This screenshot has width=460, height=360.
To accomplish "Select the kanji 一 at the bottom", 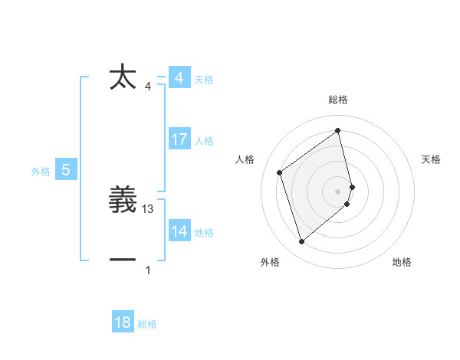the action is click(x=123, y=260).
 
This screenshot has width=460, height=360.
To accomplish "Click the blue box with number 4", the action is click(x=179, y=78).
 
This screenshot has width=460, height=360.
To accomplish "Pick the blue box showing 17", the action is click(x=179, y=139).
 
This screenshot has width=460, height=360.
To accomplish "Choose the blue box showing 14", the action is click(x=179, y=231).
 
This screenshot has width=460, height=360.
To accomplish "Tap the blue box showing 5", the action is click(x=66, y=170).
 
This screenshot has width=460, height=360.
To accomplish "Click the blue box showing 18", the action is click(x=123, y=322).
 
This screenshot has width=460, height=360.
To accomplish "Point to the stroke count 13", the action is click(x=149, y=209).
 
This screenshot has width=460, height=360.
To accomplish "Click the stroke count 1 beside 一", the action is click(x=149, y=270).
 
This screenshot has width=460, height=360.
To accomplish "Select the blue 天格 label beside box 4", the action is click(x=204, y=80).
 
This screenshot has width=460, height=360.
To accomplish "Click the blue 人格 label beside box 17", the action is click(x=204, y=141).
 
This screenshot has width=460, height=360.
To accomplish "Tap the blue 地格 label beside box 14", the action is click(x=204, y=233).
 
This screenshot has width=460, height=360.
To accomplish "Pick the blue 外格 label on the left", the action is click(x=41, y=172).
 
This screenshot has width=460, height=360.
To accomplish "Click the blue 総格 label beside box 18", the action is click(x=147, y=324).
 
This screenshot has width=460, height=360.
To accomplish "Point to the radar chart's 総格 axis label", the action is click(x=338, y=100).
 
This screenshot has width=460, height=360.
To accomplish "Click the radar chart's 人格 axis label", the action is click(x=245, y=159).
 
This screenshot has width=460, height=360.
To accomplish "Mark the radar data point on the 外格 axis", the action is click(x=301, y=242).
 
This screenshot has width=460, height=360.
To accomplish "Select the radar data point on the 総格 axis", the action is click(x=338, y=130).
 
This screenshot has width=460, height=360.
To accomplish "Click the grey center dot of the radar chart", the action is click(x=338, y=191).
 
